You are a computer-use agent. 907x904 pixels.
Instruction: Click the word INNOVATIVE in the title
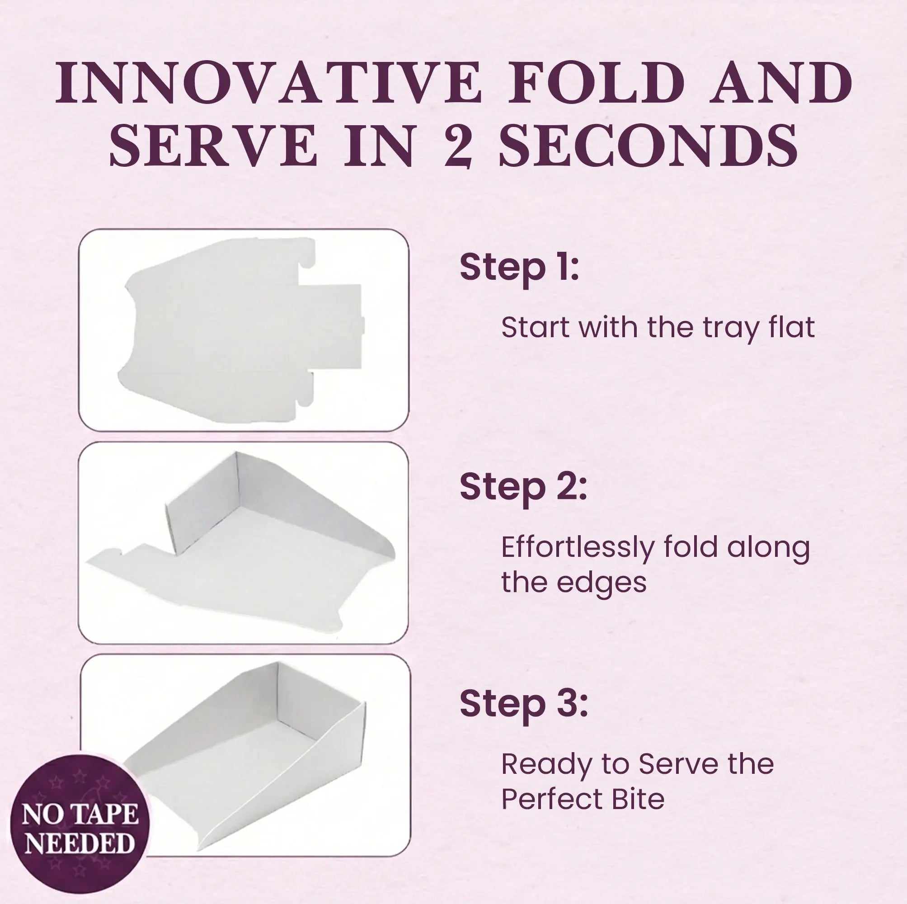click(268, 83)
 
